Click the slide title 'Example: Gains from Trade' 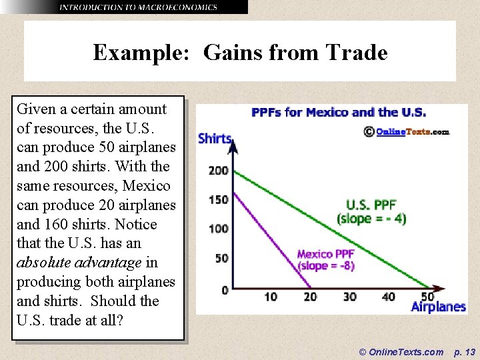(x=240, y=52)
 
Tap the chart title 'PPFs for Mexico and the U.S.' (x=339, y=113)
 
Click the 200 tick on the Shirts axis (x=218, y=171)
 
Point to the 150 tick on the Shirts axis (x=218, y=199)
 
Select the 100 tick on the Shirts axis (x=218, y=229)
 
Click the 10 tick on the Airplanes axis (x=271, y=297)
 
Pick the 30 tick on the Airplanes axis (x=349, y=297)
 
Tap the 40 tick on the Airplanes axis (x=389, y=297)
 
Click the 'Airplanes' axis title (x=438, y=307)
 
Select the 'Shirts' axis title (x=215, y=139)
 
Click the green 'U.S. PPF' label (x=372, y=205)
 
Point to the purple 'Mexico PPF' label (x=325, y=254)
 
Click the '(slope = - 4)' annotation (x=371, y=218)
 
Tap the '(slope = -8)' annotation (x=326, y=265)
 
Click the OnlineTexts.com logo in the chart (x=407, y=131)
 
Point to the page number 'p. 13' (x=464, y=351)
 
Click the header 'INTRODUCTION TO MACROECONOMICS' (x=138, y=7)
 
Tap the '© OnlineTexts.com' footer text (x=401, y=351)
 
